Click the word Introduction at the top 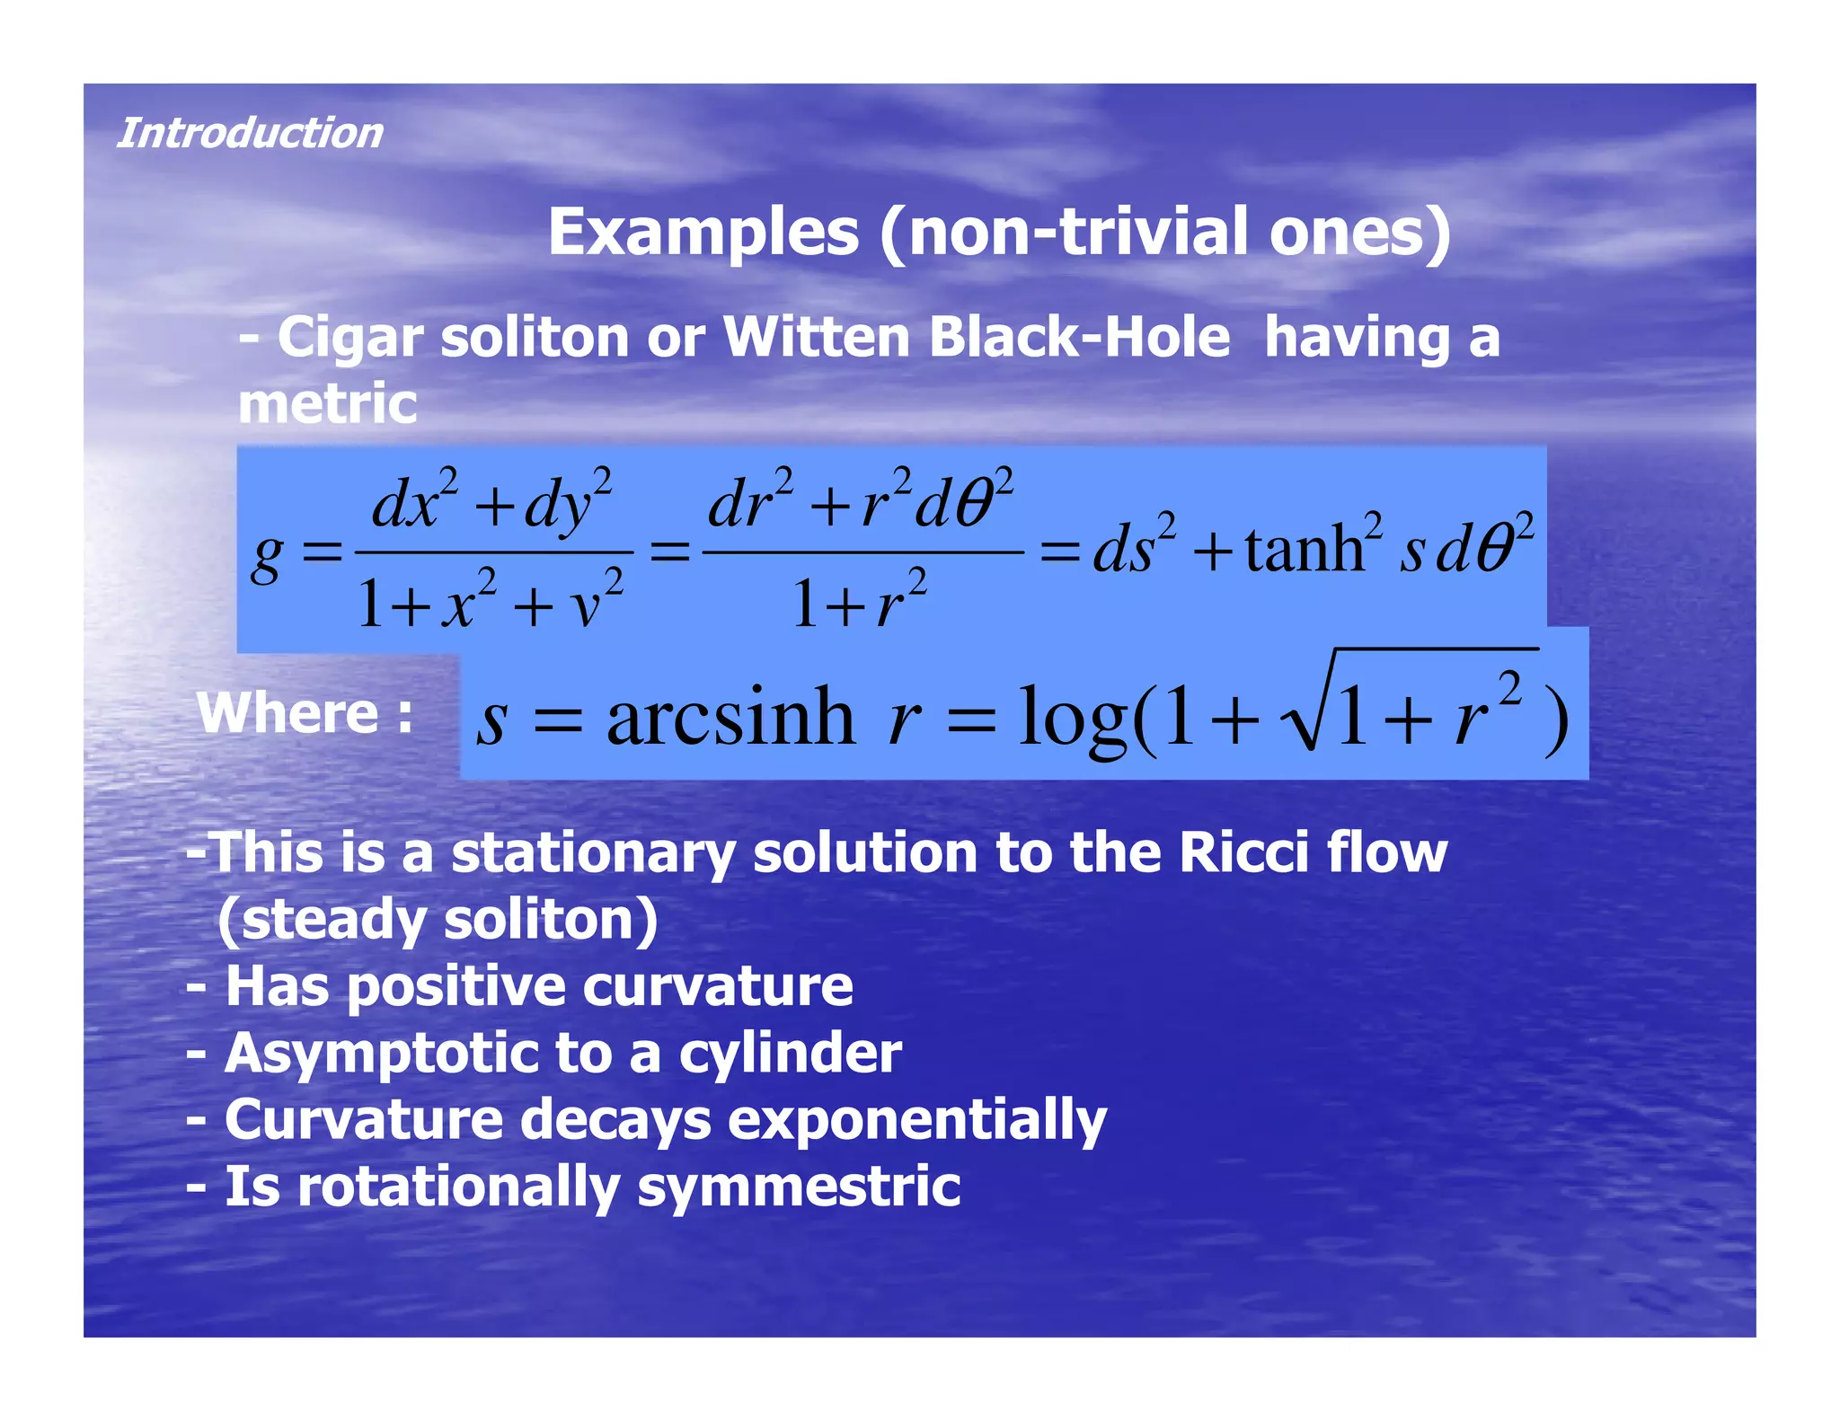tap(250, 133)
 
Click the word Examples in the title tap(703, 232)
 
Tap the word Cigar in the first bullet tap(349, 338)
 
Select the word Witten tap(816, 338)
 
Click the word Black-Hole tap(1078, 338)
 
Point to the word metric tap(327, 403)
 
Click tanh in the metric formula tap(1304, 549)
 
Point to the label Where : tap(305, 713)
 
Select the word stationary tap(593, 853)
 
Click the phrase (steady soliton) tap(438, 920)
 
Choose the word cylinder tap(790, 1054)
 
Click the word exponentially tap(916, 1121)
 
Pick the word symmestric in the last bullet tap(799, 1187)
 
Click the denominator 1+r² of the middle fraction tap(859, 603)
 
